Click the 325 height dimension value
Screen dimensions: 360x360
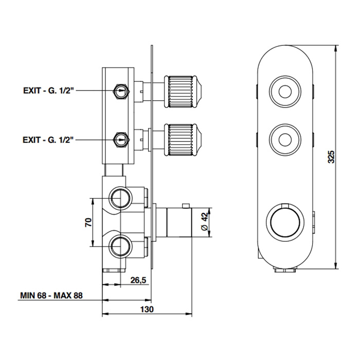[x=331, y=157]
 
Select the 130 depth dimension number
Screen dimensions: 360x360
[x=147, y=309]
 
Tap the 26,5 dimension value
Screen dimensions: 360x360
[x=138, y=280]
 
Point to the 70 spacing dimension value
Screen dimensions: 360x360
[x=88, y=223]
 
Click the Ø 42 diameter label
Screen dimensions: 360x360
[x=204, y=222]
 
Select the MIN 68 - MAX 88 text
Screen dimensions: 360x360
[x=51, y=295]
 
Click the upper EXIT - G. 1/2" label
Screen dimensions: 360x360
[x=48, y=91]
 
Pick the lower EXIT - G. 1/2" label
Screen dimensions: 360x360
[x=48, y=139]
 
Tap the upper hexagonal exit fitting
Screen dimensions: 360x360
[x=121, y=91]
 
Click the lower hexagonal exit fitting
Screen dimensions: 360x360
[x=121, y=139]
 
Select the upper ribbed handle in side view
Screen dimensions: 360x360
[x=183, y=92]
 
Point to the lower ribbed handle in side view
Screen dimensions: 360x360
[x=183, y=140]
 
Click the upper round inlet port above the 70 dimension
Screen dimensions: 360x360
[x=120, y=198]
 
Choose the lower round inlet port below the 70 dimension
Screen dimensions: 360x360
[x=120, y=246]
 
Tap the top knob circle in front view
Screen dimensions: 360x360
[x=285, y=92]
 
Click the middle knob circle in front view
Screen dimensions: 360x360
[x=285, y=140]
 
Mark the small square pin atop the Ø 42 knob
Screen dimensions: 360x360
[x=185, y=206]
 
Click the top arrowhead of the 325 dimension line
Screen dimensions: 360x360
[x=336, y=48]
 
